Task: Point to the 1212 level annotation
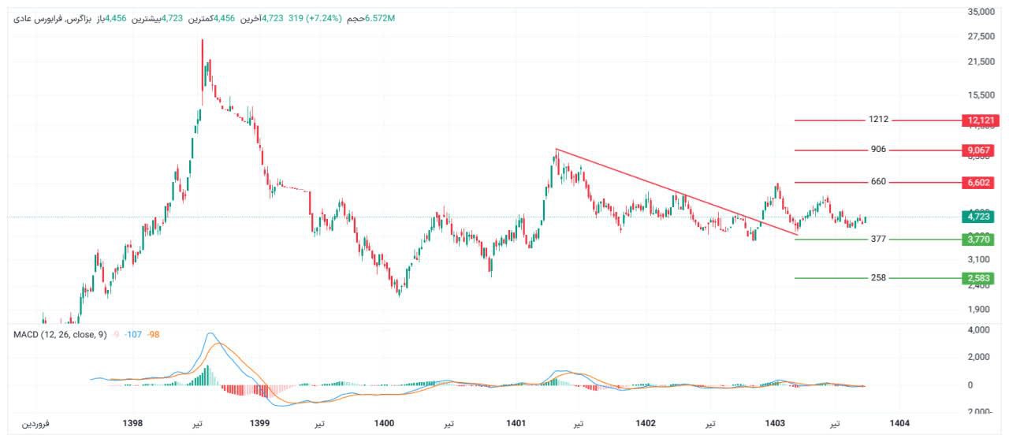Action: coord(878,120)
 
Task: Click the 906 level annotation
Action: coord(878,149)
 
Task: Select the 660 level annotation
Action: coord(878,182)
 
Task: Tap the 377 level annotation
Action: coord(878,238)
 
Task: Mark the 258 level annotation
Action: coord(878,277)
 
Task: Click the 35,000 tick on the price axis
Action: coord(981,12)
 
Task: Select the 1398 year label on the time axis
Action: coord(133,423)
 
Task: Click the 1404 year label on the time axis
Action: coord(899,423)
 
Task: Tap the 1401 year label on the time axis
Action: coord(516,423)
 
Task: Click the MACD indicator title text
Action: coord(60,335)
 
